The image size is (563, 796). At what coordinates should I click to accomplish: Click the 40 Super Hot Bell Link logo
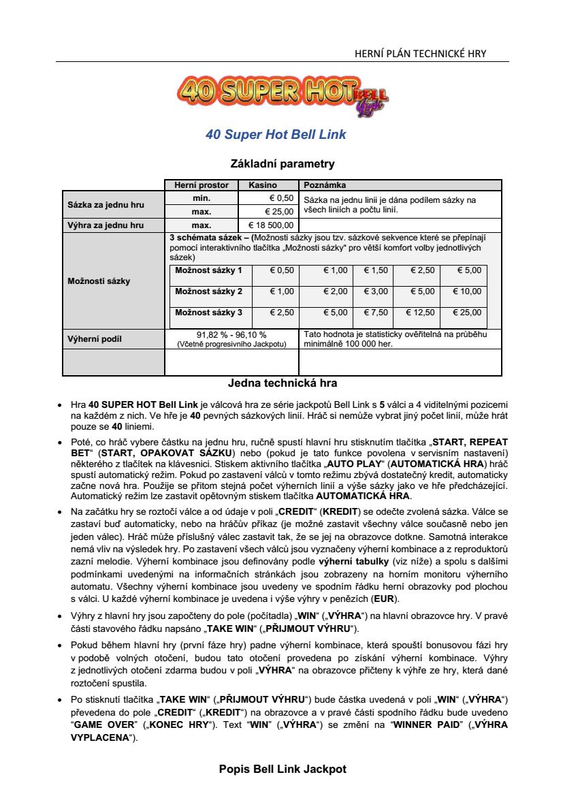[x=282, y=94]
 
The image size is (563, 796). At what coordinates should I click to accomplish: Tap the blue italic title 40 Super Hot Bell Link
[x=276, y=135]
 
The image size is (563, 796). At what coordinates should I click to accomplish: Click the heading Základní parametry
[x=283, y=164]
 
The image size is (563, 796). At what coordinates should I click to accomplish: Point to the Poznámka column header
[x=325, y=185]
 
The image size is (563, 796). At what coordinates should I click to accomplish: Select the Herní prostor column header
[x=202, y=185]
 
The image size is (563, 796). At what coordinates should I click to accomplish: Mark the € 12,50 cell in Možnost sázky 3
[x=420, y=313]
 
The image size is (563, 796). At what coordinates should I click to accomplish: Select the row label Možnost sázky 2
[x=208, y=291]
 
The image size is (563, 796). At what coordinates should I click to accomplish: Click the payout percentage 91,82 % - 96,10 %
[x=231, y=334]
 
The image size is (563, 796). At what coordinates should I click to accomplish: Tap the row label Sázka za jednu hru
[x=106, y=205]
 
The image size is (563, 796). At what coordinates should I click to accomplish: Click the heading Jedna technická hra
[x=283, y=383]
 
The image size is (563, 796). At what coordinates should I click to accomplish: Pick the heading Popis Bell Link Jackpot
[x=283, y=769]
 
